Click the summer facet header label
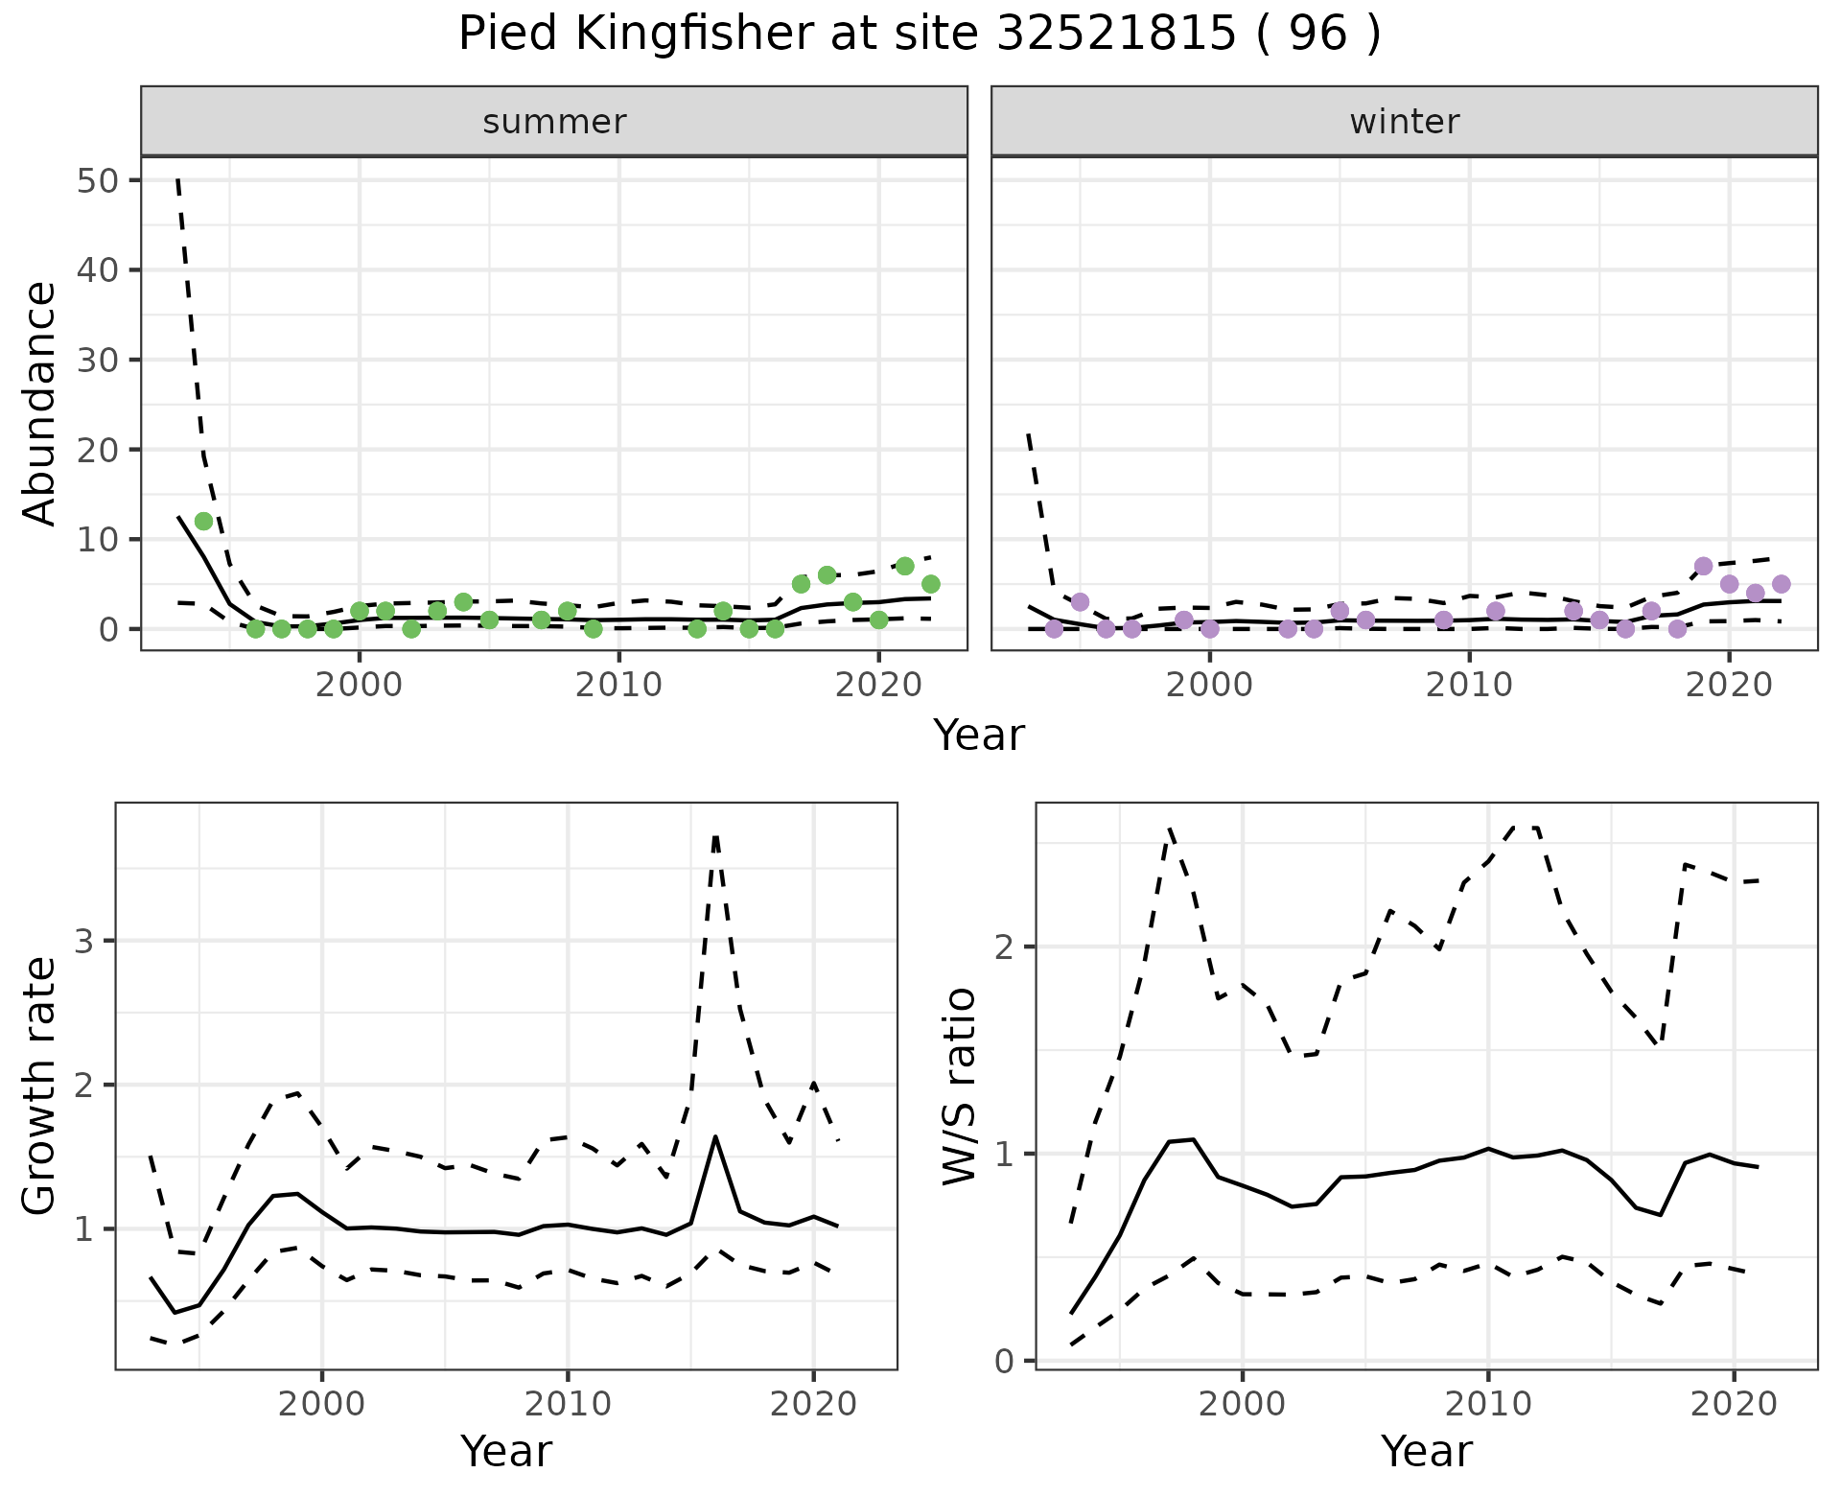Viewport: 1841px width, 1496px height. pos(554,122)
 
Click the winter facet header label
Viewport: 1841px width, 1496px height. pos(1404,122)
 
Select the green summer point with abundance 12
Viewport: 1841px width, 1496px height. pos(203,521)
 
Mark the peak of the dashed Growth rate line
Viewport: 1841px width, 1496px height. pos(715,836)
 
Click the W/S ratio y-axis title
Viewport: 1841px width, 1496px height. pos(959,1086)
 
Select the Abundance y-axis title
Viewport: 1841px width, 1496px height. pos(39,403)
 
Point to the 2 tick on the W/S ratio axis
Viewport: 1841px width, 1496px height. pos(1010,947)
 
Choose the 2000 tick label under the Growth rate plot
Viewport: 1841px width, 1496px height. pos(322,1404)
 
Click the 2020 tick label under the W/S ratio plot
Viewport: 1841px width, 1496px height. pos(1734,1404)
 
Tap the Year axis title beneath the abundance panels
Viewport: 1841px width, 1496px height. pos(979,736)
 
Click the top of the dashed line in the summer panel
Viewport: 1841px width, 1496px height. pos(178,180)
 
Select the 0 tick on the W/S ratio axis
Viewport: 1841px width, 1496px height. pos(1010,1360)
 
